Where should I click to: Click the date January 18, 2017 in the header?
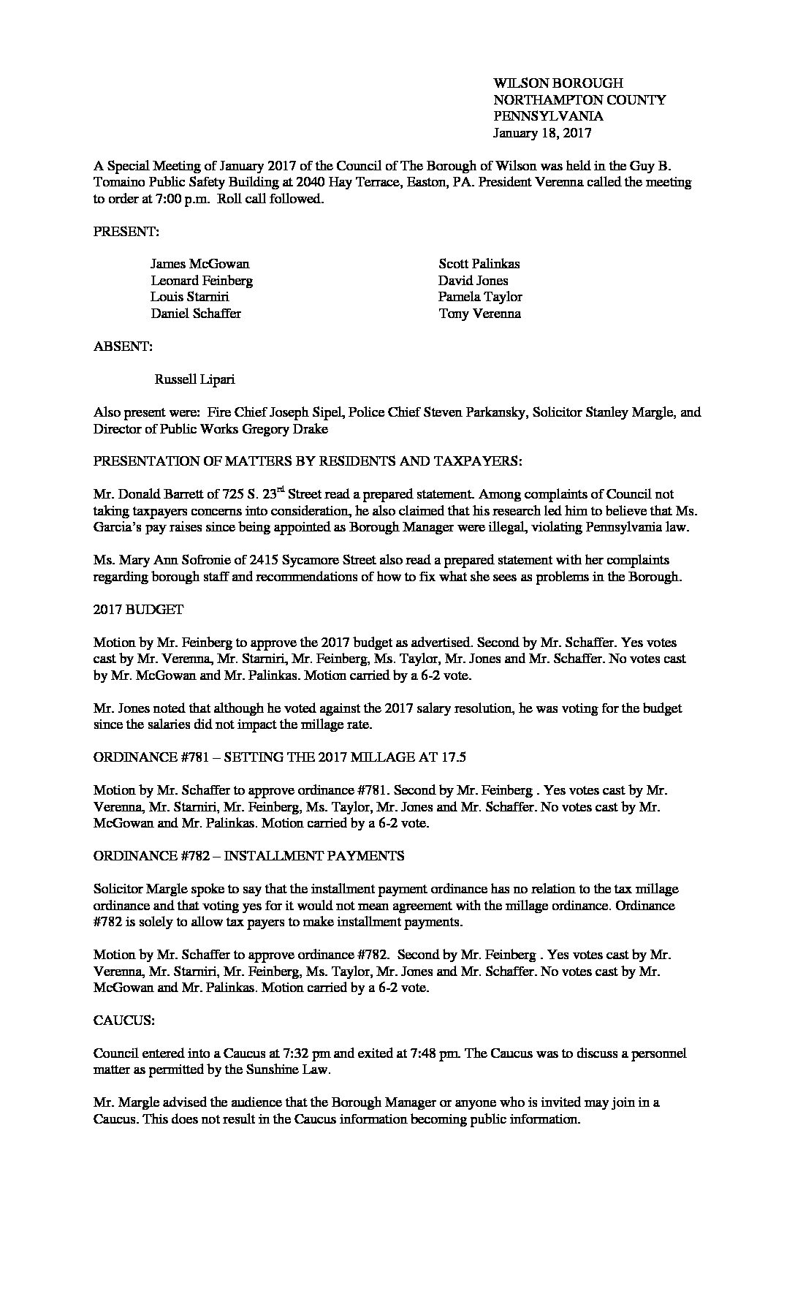click(x=541, y=133)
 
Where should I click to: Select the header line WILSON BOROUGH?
click(x=558, y=83)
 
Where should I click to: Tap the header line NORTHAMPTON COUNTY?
click(x=579, y=100)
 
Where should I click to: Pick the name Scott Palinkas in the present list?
click(x=479, y=264)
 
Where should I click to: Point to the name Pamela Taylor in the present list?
click(x=480, y=297)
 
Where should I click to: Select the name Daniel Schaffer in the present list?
click(x=196, y=314)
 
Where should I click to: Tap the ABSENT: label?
click(x=123, y=347)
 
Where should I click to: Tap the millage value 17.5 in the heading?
click(x=454, y=757)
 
